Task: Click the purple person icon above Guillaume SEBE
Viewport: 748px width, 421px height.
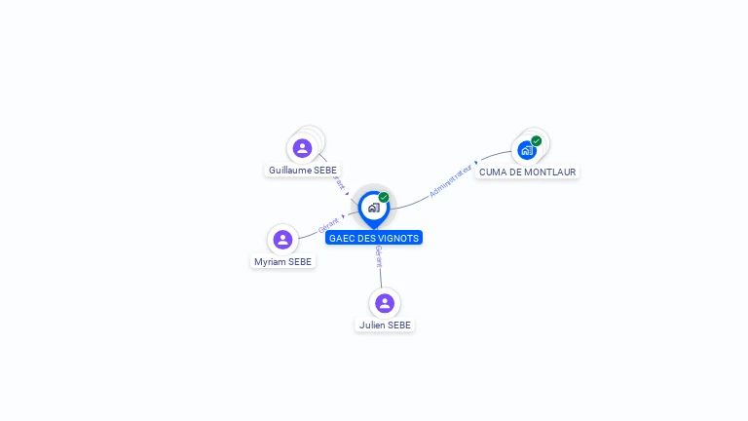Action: (302, 148)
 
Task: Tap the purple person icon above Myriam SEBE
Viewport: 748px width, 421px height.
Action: (282, 240)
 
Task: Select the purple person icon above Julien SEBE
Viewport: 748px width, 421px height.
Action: (385, 303)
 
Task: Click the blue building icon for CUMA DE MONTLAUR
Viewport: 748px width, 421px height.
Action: (527, 150)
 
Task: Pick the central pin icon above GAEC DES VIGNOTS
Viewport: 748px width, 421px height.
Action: (373, 207)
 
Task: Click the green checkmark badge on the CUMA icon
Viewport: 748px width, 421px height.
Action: (537, 140)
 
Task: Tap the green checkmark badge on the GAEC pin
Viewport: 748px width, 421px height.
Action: (384, 197)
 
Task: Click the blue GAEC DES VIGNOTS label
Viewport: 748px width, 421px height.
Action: (374, 238)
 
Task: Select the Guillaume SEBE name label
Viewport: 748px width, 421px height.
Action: (302, 171)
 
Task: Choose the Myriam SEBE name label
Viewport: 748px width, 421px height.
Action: (282, 262)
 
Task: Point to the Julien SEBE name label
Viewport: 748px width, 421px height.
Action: (385, 325)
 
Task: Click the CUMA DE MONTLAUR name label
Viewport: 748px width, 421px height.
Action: (527, 172)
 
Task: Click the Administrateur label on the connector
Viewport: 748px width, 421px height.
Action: (450, 181)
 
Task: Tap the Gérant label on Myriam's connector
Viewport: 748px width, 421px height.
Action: (328, 225)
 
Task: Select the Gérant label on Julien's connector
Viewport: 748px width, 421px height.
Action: (379, 257)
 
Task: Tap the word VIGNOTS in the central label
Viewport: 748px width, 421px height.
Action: (398, 238)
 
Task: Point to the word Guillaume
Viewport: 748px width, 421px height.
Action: (289, 171)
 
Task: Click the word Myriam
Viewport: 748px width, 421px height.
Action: (270, 262)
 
